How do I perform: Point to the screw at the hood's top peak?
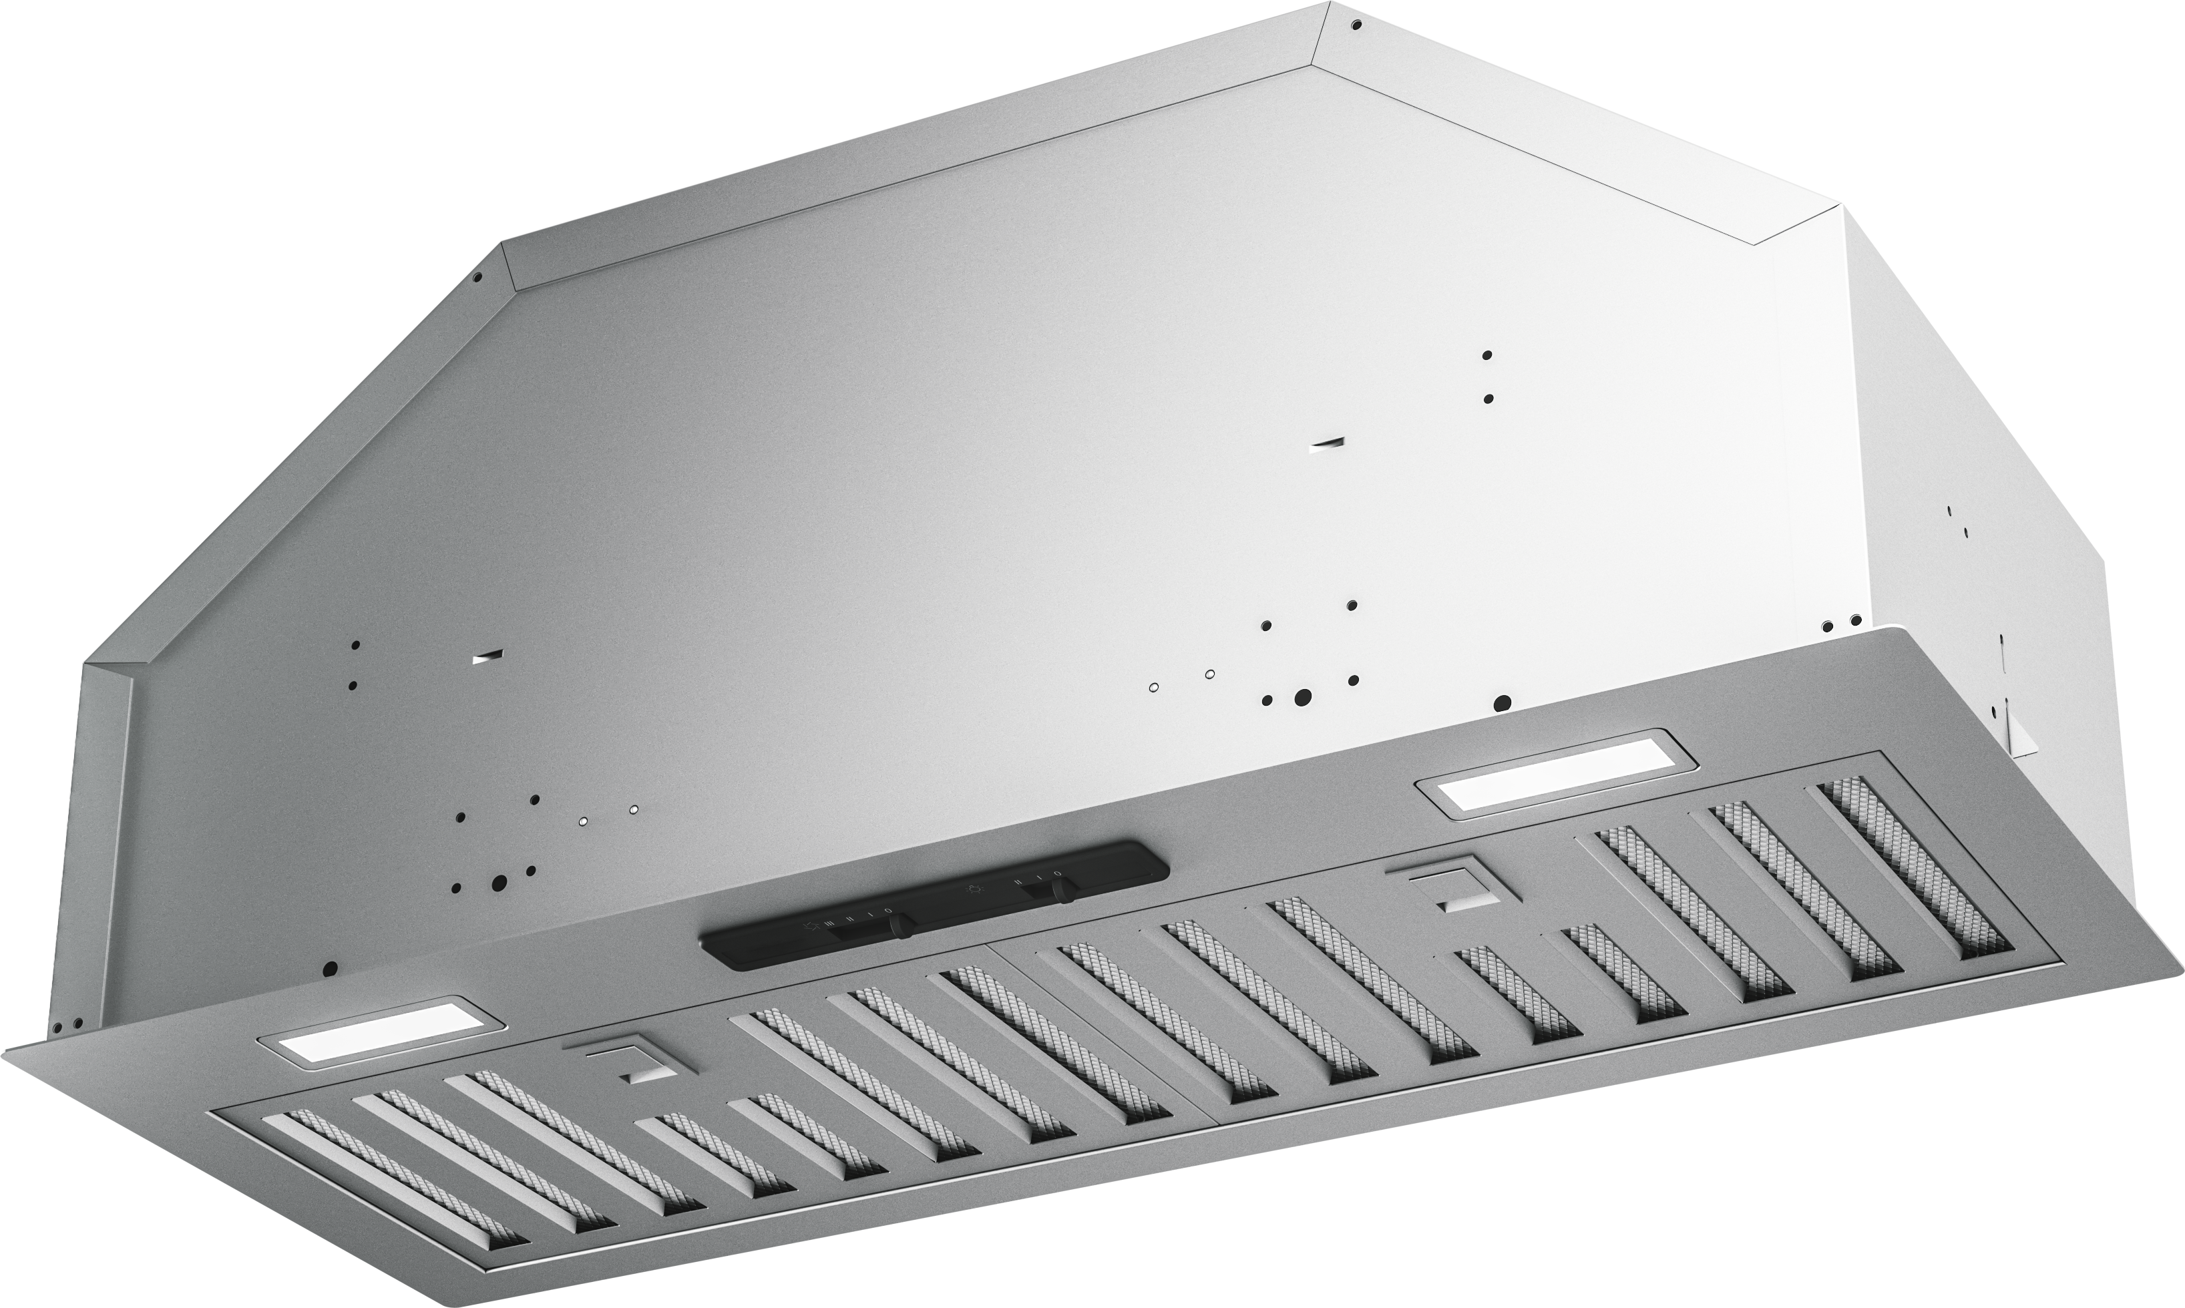pos(1356,25)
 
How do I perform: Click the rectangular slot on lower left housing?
pos(487,658)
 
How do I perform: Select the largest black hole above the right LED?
pos(1503,702)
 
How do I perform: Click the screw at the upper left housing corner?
pos(477,277)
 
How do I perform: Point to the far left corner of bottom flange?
pos(11,1049)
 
